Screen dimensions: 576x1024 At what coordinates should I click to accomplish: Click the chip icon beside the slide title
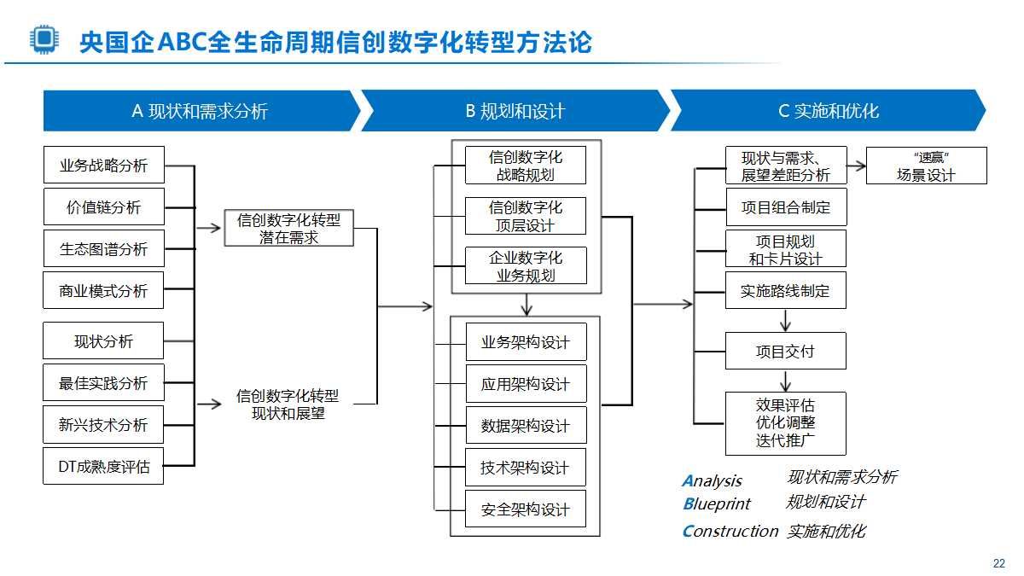click(40, 40)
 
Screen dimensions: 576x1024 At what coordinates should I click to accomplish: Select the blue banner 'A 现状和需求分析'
click(200, 111)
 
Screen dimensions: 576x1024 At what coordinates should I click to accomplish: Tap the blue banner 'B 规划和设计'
click(515, 111)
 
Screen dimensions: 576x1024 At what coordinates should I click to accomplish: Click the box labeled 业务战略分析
click(103, 166)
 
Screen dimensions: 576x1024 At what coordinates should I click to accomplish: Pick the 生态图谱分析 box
click(103, 249)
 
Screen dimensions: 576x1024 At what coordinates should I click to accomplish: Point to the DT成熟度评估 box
click(103, 466)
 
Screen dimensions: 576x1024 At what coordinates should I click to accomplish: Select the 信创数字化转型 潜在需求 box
click(288, 229)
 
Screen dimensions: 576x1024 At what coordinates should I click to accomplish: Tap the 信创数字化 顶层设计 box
click(526, 216)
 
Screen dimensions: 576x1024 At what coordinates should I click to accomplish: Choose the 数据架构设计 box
click(526, 425)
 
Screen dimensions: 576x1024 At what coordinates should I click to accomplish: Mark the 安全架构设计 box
click(526, 509)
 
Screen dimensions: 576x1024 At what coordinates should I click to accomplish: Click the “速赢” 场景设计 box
click(926, 166)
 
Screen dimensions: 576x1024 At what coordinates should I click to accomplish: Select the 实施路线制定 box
click(785, 291)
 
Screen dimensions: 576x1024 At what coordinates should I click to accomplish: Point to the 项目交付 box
click(785, 351)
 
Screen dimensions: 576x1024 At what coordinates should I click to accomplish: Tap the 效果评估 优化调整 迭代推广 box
click(785, 423)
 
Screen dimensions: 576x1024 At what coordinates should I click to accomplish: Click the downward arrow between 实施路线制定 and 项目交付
click(785, 321)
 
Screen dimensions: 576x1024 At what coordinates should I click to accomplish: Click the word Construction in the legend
click(730, 531)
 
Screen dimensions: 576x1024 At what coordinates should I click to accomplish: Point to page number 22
click(999, 563)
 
